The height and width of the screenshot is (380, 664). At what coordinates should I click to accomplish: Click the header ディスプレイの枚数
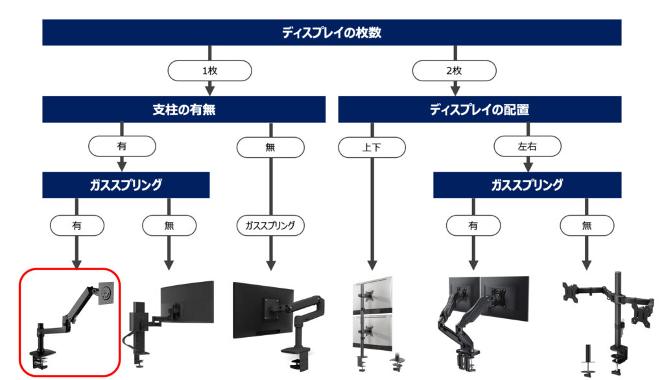331,32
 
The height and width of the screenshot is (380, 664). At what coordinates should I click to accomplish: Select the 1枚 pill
209,71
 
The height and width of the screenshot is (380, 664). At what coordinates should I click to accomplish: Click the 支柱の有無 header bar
184,109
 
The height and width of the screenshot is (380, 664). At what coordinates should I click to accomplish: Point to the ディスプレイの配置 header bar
479,109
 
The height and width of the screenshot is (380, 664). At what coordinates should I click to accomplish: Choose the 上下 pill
372,147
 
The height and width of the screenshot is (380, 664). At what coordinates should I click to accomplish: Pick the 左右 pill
527,147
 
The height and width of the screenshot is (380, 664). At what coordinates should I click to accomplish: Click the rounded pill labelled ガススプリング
270,226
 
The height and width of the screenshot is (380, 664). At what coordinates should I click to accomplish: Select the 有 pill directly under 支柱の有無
122,146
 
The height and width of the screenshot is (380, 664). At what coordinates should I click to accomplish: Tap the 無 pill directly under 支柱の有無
270,147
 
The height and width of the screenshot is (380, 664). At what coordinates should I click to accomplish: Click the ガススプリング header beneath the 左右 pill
527,185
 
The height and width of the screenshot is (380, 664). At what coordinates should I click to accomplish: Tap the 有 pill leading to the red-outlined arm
77,226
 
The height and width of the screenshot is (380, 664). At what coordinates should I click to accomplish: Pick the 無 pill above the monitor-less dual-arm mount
587,226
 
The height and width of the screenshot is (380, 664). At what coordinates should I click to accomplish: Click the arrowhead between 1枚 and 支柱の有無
209,90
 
